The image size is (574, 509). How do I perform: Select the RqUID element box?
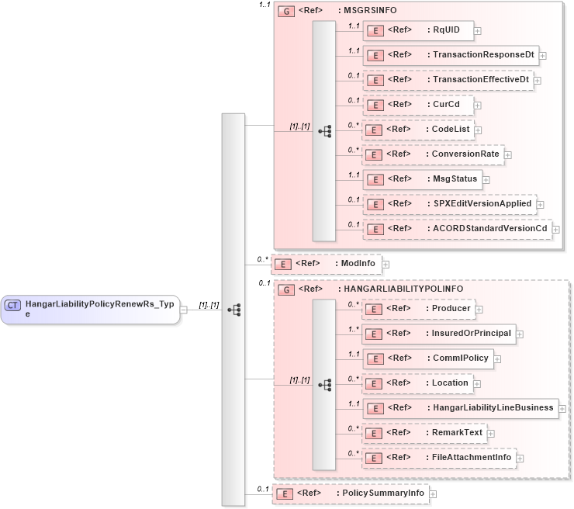[419, 30]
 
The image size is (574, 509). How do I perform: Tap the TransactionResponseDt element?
[450, 55]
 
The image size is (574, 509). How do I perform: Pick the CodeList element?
[419, 130]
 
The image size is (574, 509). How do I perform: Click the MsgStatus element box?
[422, 179]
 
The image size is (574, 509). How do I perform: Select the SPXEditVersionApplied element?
[449, 204]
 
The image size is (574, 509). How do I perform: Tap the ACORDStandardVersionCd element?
[457, 229]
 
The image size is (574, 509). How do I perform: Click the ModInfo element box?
[326, 264]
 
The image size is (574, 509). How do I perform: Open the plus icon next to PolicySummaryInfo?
[433, 493]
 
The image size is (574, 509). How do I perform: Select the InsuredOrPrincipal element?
[438, 334]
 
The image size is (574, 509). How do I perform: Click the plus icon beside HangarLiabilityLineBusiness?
[563, 408]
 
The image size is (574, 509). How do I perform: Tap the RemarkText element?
[424, 433]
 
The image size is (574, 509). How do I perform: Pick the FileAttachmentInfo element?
[438, 458]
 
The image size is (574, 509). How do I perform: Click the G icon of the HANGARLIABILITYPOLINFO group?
[286, 289]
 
